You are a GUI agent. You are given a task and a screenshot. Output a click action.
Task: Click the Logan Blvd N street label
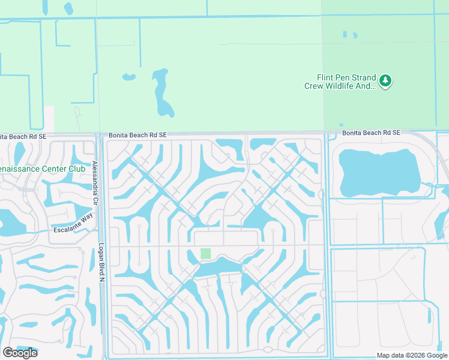(101, 262)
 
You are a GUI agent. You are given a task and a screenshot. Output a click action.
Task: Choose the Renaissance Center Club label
(43, 169)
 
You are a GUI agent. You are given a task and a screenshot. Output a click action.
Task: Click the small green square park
(205, 254)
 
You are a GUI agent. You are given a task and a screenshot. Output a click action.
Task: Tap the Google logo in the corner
(19, 353)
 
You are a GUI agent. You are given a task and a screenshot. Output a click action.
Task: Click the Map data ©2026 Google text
(412, 355)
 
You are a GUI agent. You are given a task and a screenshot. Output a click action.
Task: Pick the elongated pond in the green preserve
(161, 94)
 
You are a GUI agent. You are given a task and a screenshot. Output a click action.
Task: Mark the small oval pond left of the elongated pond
(129, 77)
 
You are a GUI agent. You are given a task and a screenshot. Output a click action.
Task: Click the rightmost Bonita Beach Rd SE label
(371, 133)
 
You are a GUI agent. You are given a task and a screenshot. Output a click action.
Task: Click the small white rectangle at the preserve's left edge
(49, 118)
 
